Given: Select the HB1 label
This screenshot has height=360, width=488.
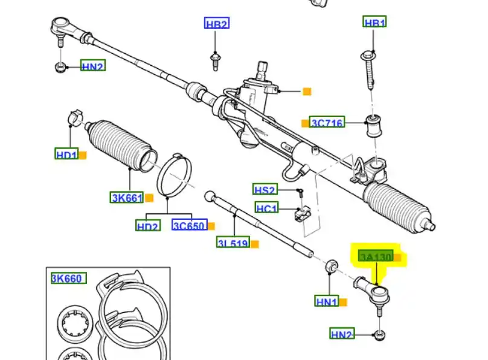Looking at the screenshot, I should [374, 23].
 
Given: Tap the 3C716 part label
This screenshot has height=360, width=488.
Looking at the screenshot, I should [327, 123].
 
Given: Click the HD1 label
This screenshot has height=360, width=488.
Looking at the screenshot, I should [66, 154].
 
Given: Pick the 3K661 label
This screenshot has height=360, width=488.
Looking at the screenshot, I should [126, 197].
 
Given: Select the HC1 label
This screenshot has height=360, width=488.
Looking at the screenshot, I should [266, 208].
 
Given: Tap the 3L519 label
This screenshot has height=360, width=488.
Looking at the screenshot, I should [233, 243].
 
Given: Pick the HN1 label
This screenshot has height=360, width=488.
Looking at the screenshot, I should [327, 300].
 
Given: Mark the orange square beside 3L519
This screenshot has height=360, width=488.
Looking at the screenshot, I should [255, 244].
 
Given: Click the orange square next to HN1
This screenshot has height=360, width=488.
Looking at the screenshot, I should [343, 301].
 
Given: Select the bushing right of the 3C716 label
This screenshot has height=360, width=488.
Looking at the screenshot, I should [374, 125].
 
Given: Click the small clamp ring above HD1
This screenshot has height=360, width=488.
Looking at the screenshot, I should [75, 115].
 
